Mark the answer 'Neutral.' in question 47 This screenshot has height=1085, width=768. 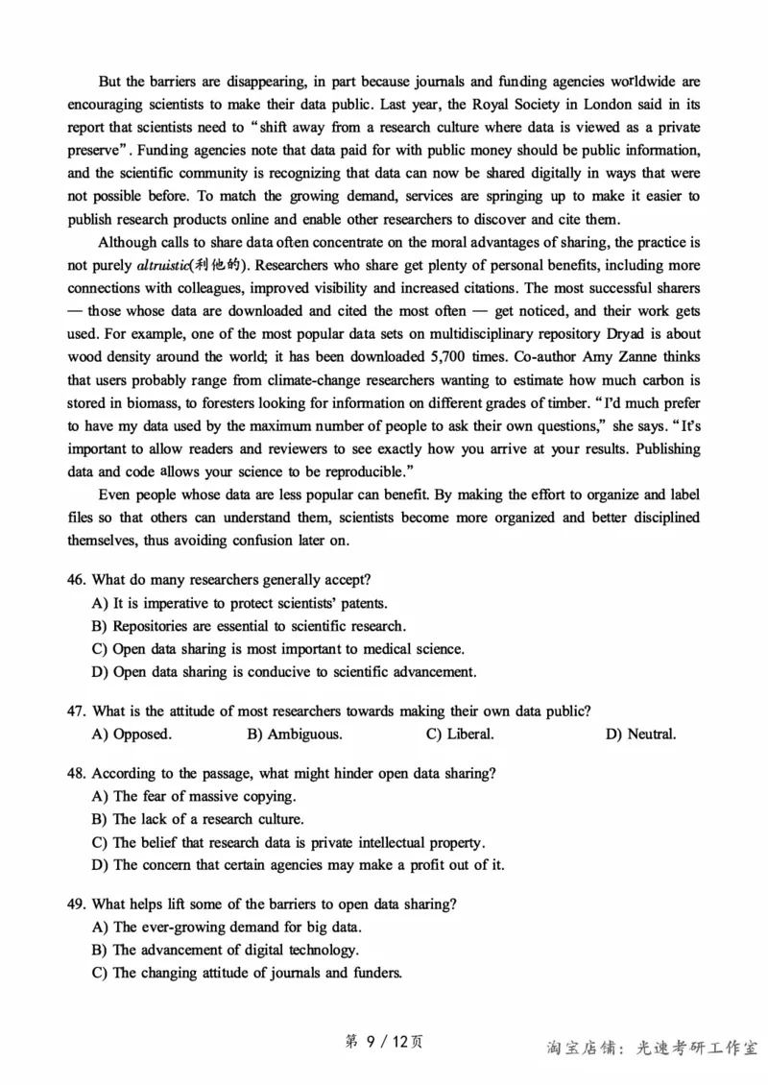pos(640,735)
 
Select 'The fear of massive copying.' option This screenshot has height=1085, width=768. pos(204,796)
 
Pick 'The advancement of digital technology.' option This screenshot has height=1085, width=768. pos(235,950)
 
